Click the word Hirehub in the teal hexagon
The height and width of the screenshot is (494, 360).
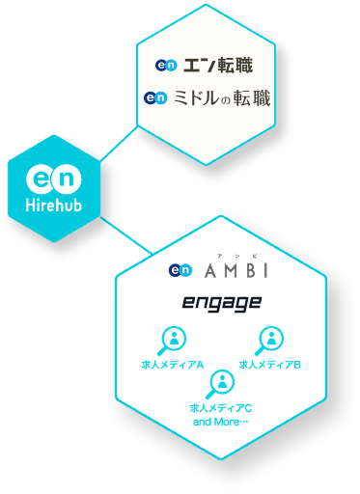tap(53, 206)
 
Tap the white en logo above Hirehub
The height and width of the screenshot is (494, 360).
tap(53, 179)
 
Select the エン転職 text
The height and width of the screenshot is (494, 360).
tap(218, 66)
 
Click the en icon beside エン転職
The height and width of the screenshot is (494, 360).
tap(165, 66)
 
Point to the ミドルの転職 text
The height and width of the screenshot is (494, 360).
tap(221, 97)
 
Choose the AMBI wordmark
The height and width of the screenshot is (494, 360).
tap(235, 271)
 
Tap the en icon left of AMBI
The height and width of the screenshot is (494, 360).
tap(180, 271)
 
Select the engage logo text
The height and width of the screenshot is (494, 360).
tap(222, 304)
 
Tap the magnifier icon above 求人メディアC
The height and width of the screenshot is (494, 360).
tap(221, 382)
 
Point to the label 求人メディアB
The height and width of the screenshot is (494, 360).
tap(270, 365)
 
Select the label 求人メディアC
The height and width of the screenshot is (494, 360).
tap(221, 408)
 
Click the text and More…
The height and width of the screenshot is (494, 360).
tap(221, 422)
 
